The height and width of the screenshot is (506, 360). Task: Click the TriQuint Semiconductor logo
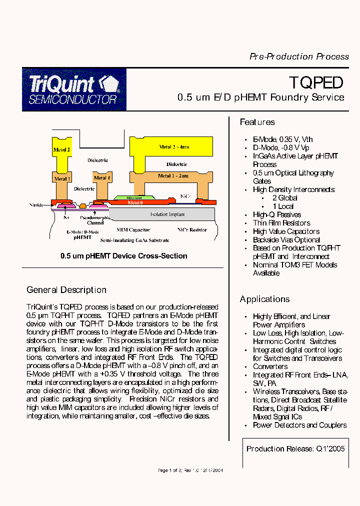74,89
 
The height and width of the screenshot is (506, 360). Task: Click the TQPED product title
316,82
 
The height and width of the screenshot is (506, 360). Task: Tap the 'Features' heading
257,122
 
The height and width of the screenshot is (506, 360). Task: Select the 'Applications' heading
264,299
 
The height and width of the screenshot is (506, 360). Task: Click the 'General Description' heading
66,290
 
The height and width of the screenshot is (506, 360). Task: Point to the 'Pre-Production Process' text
299,56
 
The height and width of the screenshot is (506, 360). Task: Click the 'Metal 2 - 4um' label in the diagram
174,147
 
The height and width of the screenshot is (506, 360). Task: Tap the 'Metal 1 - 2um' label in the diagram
173,176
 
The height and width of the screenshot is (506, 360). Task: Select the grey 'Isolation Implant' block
167,214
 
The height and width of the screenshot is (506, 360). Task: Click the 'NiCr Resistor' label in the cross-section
192,230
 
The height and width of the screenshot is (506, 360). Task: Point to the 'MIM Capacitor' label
133,230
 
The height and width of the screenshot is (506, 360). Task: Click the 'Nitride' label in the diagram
36,205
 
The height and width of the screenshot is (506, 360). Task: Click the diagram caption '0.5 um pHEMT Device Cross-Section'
123,256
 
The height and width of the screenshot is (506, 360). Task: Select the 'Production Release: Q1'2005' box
295,449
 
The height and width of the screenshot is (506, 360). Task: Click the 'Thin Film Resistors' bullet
281,223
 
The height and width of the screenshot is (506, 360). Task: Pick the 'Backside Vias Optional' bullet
286,240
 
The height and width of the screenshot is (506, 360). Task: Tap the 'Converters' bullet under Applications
270,366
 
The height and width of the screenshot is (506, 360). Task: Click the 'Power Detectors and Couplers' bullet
299,425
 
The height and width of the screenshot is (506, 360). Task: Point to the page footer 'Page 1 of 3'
169,470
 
